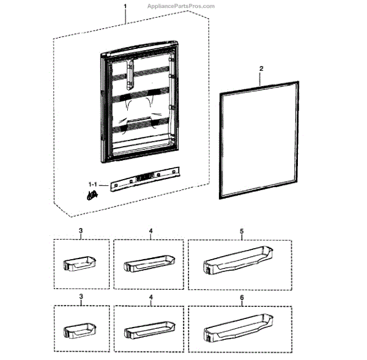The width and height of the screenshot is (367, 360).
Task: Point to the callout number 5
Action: click(x=242, y=232)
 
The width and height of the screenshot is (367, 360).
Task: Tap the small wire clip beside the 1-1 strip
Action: click(x=92, y=196)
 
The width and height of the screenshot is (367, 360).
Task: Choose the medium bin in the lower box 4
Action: click(x=148, y=330)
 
